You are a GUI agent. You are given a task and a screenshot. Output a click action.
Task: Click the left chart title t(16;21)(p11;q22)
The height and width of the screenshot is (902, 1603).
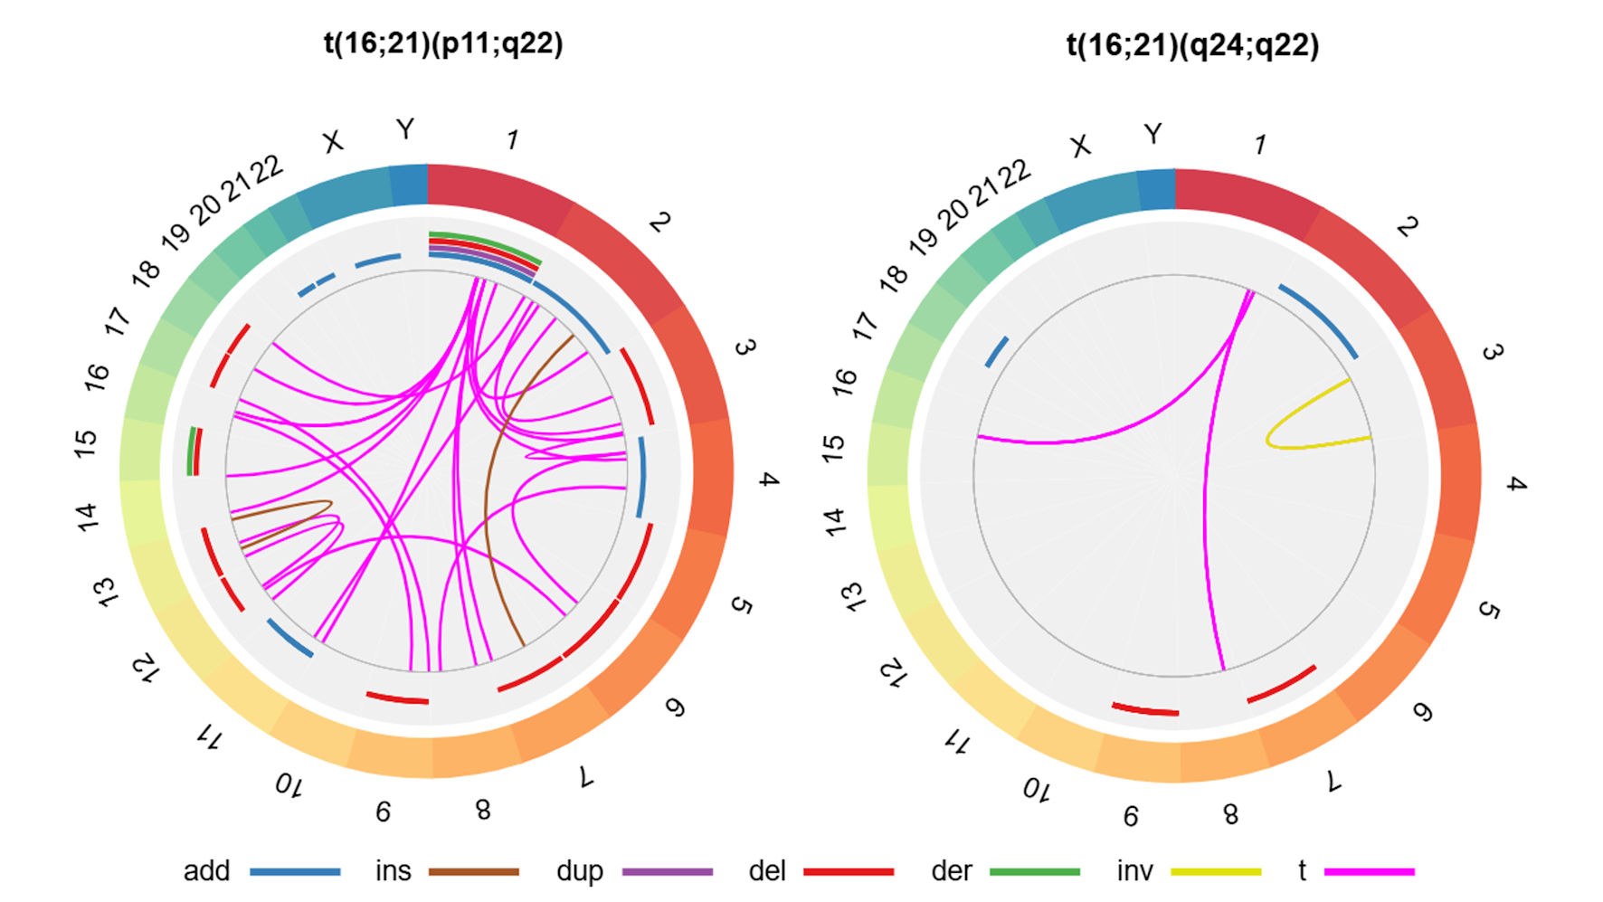click(443, 43)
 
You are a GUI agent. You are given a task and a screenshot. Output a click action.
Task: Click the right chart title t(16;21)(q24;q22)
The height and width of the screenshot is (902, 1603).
click(1192, 45)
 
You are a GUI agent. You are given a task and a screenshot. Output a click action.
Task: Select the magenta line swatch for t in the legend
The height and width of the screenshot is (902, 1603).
click(1369, 871)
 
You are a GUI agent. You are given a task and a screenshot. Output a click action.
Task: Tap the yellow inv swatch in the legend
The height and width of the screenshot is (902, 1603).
click(1215, 871)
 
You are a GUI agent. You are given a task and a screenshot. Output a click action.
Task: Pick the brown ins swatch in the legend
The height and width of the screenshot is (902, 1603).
click(473, 871)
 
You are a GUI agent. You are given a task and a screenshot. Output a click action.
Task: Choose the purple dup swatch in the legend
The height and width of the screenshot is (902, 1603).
click(668, 871)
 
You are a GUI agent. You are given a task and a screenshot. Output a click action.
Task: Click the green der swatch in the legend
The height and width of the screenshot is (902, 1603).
click(1034, 871)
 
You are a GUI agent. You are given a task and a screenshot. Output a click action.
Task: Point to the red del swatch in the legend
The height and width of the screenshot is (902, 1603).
click(849, 871)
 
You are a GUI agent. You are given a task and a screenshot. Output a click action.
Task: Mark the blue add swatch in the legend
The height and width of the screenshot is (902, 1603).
click(295, 871)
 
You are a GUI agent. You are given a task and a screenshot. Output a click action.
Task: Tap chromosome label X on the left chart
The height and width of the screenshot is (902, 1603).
click(334, 142)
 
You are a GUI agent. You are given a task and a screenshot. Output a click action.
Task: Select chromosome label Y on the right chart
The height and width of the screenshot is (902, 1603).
click(1152, 135)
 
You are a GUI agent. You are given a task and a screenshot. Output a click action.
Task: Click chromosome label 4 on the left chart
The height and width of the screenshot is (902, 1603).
click(769, 479)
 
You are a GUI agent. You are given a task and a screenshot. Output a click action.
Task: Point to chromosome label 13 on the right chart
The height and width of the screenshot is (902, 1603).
click(853, 597)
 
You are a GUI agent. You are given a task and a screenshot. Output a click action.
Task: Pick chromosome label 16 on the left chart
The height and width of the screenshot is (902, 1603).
click(97, 376)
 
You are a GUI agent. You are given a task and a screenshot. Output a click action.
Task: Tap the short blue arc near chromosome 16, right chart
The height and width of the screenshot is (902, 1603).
click(997, 352)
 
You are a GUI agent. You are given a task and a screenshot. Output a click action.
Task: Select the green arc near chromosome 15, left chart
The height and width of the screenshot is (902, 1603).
click(190, 451)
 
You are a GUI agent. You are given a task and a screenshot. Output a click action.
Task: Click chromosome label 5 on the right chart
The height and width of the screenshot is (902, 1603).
click(1488, 611)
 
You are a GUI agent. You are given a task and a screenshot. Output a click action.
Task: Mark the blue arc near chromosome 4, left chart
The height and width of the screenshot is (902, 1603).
click(643, 477)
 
